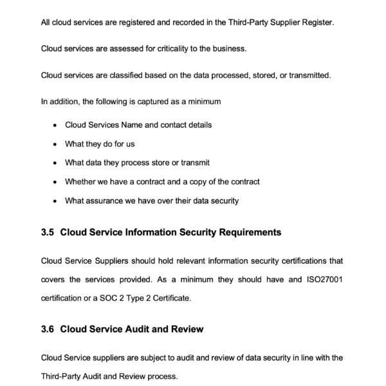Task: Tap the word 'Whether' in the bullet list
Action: coord(82,182)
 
